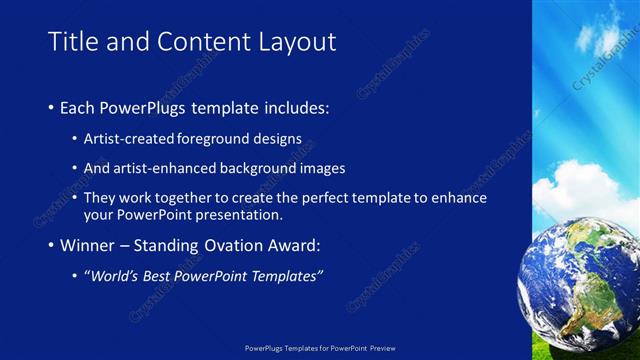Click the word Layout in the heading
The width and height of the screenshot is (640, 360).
pyautogui.click(x=291, y=42)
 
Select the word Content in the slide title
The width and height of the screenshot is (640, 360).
pyautogui.click(x=200, y=42)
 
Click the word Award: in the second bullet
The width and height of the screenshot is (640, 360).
pyautogui.click(x=294, y=245)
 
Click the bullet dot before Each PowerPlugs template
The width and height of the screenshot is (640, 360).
pyautogui.click(x=52, y=107)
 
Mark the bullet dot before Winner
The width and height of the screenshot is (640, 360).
pyautogui.click(x=52, y=246)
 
